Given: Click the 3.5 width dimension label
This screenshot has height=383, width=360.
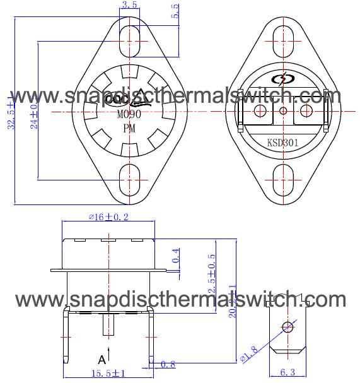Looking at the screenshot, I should tap(129, 5).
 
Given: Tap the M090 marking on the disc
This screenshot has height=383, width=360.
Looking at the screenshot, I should tap(129, 115).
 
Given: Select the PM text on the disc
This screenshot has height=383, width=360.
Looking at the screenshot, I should tap(129, 129).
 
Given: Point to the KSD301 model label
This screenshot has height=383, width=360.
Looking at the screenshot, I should tap(282, 143).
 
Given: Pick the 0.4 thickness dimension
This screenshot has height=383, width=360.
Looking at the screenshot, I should tap(176, 256).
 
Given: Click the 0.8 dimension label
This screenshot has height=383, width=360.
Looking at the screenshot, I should tap(168, 363).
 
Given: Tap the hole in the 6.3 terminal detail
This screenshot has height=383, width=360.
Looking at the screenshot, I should tap(288, 326).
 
